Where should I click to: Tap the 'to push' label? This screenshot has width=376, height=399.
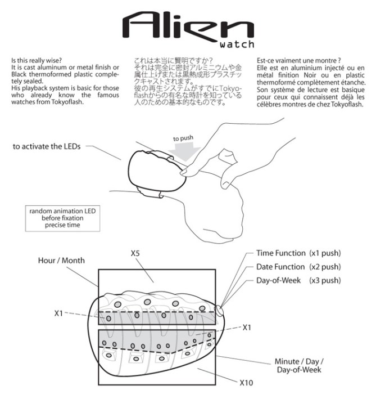184,138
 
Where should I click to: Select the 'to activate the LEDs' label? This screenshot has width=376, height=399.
47,147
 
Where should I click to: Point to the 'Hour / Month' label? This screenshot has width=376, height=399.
61,261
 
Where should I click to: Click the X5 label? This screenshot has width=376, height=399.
135,254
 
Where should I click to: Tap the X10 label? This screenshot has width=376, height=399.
246,383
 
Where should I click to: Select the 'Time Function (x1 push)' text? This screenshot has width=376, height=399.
298,253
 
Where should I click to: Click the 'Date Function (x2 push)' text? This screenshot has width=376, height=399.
298,267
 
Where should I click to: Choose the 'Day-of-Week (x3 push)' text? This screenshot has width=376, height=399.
298,280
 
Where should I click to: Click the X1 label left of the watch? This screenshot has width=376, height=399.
58,313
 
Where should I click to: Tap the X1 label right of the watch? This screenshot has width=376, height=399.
246,327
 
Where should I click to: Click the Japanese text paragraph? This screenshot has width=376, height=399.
188,82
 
